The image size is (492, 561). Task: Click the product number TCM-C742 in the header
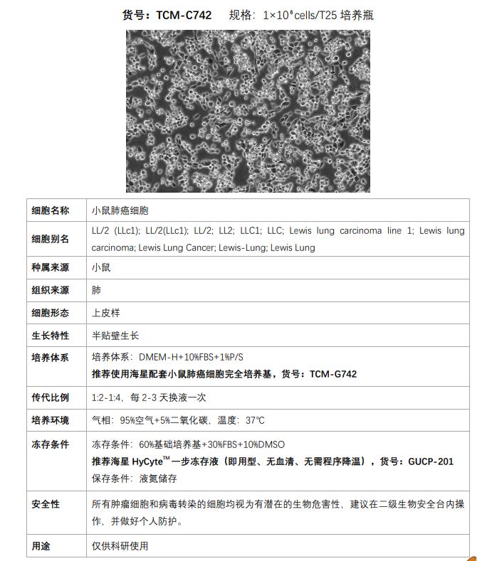[184, 15]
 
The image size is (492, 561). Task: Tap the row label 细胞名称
[51, 210]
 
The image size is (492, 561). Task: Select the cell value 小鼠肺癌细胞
[120, 210]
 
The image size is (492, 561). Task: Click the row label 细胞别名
[51, 239]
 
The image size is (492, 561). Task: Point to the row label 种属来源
[51, 268]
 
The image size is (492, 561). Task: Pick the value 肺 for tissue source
[97, 290]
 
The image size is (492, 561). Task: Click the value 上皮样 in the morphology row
[105, 313]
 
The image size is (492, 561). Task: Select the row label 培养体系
[51, 358]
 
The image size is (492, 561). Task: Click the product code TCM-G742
[333, 373]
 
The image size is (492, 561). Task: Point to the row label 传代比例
[51, 397]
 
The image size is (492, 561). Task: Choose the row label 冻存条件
[51, 444]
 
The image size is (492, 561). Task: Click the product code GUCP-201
[431, 461]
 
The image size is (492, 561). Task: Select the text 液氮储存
[159, 477]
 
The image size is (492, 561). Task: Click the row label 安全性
[46, 504]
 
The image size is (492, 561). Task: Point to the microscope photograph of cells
[248, 110]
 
